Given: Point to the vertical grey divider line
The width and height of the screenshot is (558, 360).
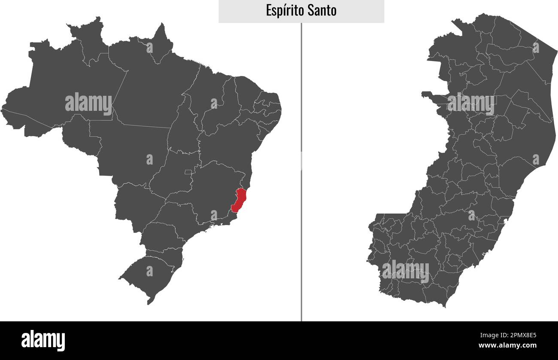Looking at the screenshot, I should [301, 172].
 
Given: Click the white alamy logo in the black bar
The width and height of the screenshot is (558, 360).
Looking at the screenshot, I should [43, 340].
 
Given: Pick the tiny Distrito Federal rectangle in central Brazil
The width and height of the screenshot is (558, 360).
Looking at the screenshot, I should [188, 172].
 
